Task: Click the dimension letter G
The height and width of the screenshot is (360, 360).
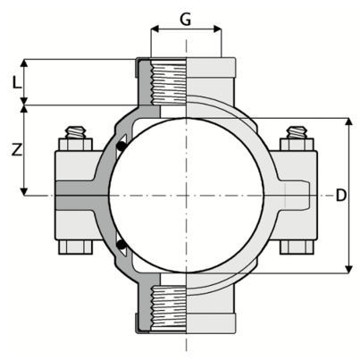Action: (186, 20)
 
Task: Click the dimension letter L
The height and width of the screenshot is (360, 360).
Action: (17, 82)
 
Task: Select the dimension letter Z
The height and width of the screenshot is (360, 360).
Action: (17, 150)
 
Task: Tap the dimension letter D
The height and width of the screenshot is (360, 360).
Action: (341, 196)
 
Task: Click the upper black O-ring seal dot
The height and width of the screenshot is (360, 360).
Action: (121, 147)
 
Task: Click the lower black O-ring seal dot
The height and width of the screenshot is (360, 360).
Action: (121, 245)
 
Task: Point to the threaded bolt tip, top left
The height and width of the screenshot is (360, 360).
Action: (76, 132)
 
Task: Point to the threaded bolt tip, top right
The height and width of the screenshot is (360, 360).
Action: (297, 132)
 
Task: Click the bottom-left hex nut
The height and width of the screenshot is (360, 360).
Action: (76, 247)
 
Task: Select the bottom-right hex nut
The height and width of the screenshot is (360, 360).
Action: (297, 247)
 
